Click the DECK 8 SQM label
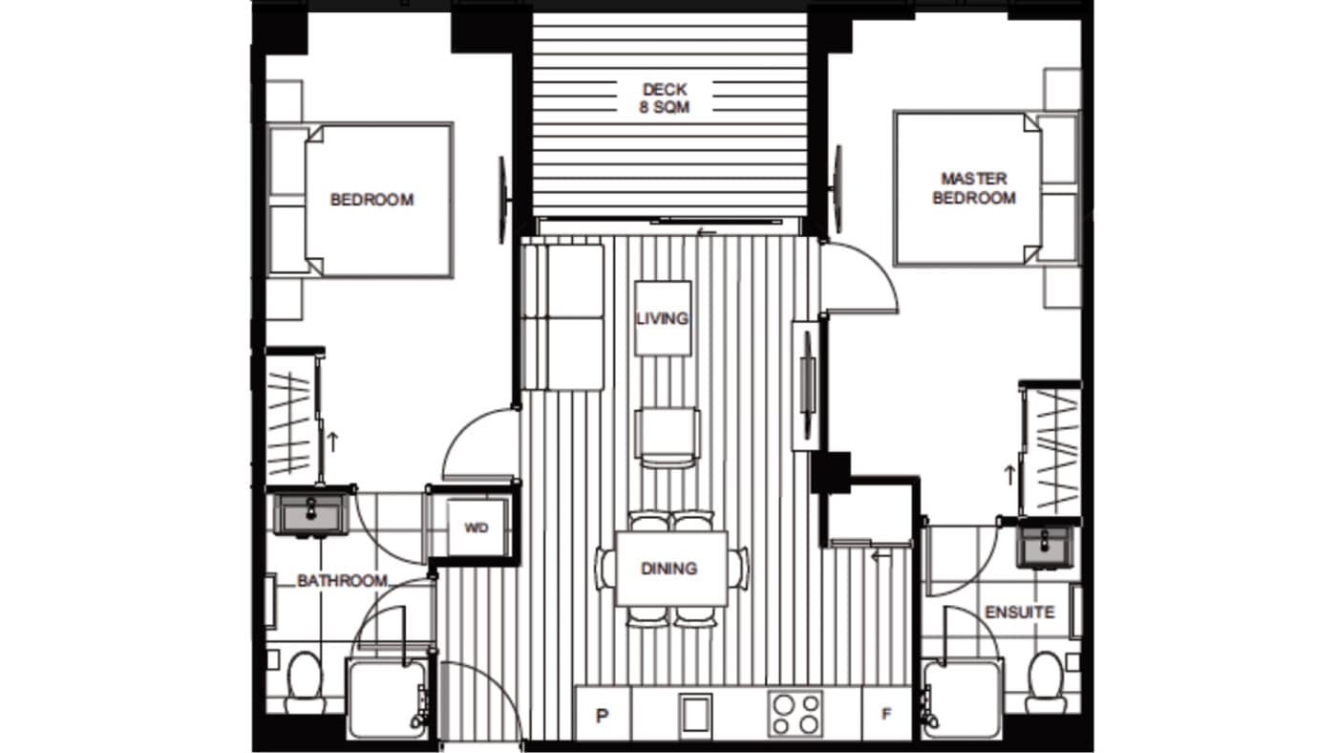664,98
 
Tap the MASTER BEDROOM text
973,188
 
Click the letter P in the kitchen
603,715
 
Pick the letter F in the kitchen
887,715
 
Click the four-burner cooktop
796,713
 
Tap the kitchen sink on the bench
694,713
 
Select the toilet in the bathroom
306,680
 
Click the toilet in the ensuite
1045,680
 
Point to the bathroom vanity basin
311,514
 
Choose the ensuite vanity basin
1047,548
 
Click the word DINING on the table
668,570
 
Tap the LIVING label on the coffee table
663,318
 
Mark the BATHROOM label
342,581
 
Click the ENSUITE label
1020,612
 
